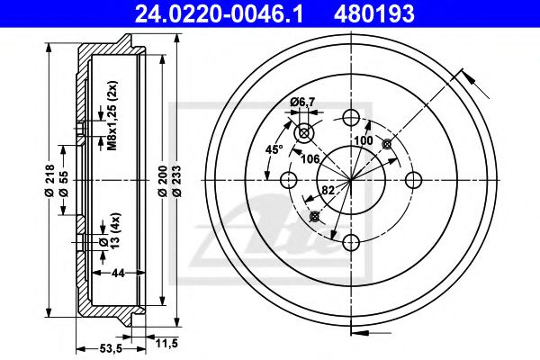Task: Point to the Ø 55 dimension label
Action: point(64,180)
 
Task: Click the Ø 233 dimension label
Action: point(177,180)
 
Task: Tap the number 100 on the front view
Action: point(363,141)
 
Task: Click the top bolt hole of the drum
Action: point(352,117)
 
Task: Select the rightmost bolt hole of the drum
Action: point(414,179)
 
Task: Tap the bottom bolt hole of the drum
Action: point(352,241)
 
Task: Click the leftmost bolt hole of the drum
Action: point(290,179)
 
